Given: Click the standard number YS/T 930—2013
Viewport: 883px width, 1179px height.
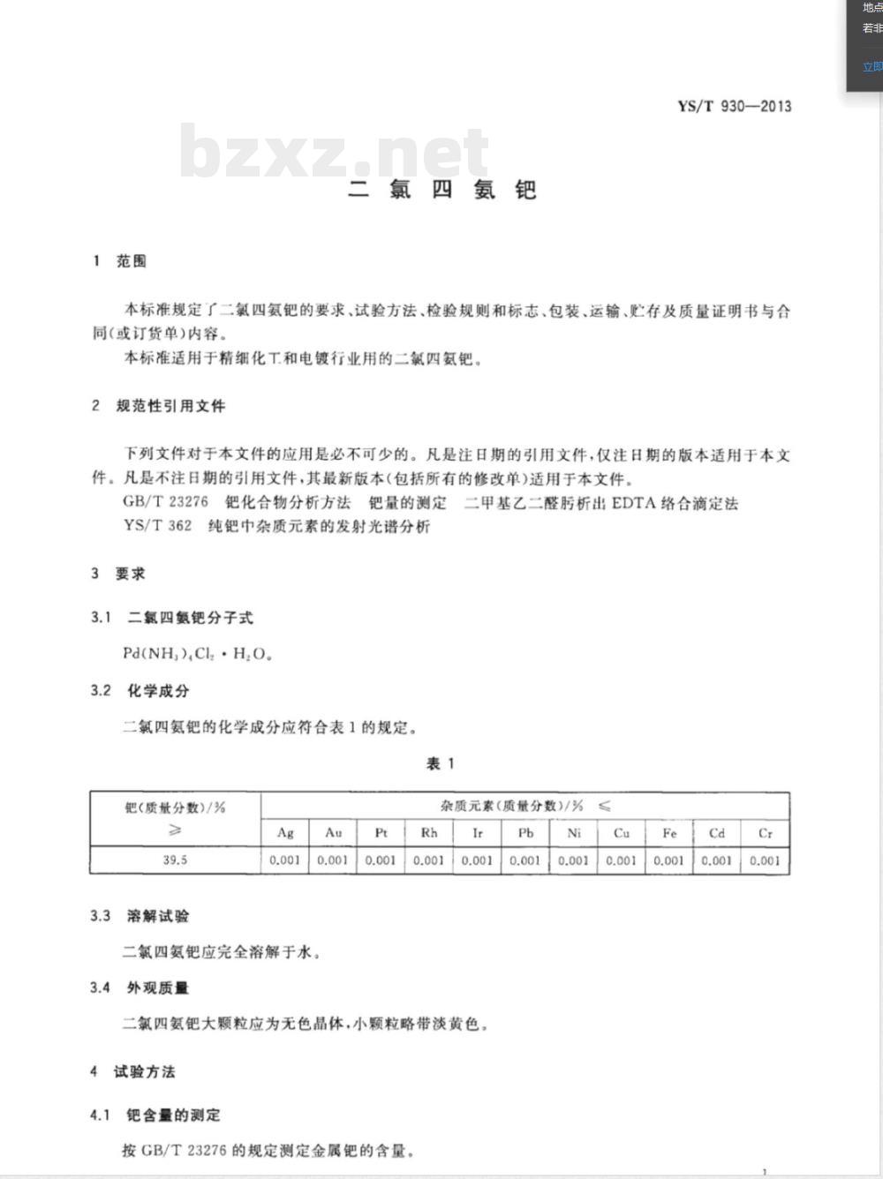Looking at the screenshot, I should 734,107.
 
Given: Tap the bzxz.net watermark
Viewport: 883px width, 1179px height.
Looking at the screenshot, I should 334,152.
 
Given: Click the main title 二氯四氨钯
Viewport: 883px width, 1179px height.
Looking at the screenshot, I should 441,190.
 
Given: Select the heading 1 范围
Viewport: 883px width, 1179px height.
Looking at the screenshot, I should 120,261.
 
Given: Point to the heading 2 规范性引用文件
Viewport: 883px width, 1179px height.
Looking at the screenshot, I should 159,406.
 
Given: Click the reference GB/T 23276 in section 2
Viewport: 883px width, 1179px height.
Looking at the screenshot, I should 166,503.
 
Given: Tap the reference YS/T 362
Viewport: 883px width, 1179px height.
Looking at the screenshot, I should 158,527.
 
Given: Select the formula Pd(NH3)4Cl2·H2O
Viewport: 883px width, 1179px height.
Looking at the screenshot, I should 197,655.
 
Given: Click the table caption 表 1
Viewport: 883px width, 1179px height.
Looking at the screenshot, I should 440,764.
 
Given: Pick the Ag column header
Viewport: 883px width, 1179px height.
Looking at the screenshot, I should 285,833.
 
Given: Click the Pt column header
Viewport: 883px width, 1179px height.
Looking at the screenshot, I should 381,833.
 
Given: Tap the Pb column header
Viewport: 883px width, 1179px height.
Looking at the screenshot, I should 525,833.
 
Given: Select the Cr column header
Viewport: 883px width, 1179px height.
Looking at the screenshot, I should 765,833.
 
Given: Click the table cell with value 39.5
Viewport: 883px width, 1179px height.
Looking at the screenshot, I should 175,860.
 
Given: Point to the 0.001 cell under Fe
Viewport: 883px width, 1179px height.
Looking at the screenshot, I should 668,860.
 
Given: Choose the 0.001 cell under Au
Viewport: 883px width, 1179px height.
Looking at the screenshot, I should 333,860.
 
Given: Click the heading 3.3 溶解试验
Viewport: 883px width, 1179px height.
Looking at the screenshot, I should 140,916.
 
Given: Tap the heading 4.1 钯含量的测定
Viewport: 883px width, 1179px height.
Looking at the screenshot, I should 155,1115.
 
